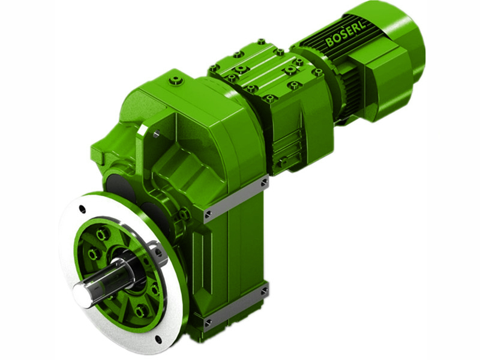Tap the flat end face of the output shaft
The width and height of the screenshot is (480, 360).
[x=82, y=296]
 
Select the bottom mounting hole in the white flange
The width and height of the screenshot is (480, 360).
[x=158, y=339]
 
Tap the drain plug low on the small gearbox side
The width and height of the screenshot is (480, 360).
[x=281, y=163]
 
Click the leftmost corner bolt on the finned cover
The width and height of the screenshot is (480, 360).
[x=213, y=68]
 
